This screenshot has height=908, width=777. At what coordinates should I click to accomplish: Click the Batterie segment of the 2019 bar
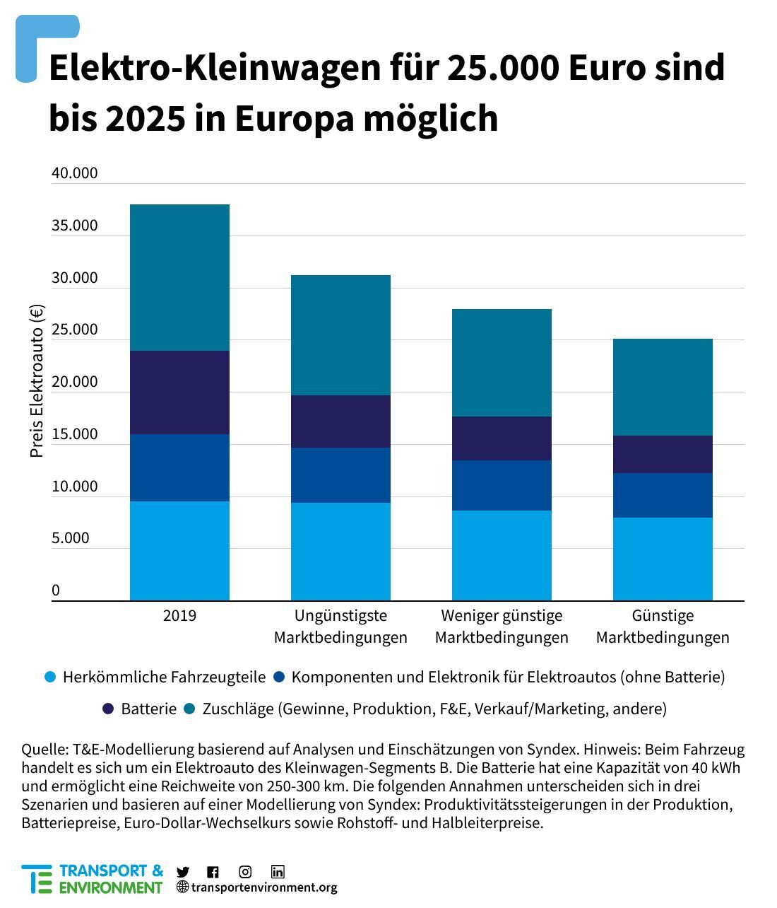(x=179, y=392)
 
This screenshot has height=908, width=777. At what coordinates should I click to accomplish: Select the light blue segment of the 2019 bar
(x=179, y=551)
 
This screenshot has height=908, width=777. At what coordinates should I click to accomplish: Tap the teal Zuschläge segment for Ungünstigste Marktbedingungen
(x=340, y=335)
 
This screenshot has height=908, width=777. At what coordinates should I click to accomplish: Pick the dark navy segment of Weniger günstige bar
(x=502, y=438)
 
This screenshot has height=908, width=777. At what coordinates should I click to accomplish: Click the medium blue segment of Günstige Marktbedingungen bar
(x=663, y=495)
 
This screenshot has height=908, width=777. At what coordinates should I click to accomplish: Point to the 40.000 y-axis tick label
(x=74, y=173)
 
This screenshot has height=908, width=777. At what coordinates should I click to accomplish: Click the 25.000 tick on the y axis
(x=74, y=330)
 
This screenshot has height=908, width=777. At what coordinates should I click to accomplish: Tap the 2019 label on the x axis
(x=179, y=615)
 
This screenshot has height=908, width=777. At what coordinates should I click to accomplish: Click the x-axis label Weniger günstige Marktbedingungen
(x=502, y=627)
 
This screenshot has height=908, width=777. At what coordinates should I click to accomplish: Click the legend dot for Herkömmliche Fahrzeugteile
(x=49, y=677)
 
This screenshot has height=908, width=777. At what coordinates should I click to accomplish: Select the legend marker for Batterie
(x=108, y=709)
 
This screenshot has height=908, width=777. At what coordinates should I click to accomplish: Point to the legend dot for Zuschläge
(x=189, y=709)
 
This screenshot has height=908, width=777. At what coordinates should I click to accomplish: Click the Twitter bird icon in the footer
(x=183, y=872)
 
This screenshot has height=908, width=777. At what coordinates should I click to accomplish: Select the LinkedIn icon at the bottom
(x=278, y=872)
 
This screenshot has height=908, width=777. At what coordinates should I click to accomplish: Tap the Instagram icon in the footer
(x=245, y=872)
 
